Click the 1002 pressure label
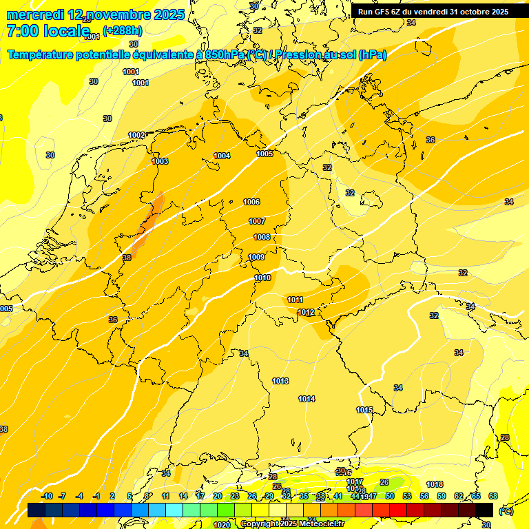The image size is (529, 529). pyautogui.click(x=136, y=135)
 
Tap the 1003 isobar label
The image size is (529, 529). pyautogui.click(x=160, y=161)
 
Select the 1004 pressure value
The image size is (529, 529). pyautogui.click(x=222, y=156)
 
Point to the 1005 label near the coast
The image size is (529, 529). pyautogui.click(x=264, y=154)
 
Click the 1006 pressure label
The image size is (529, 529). pyautogui.click(x=251, y=202)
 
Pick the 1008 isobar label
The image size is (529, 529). pyautogui.click(x=262, y=237)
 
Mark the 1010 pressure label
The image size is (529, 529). pyautogui.click(x=262, y=278)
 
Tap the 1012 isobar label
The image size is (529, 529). pyautogui.click(x=307, y=313)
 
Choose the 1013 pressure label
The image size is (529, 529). pyautogui.click(x=280, y=381)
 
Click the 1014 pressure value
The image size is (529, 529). pyautogui.click(x=307, y=399)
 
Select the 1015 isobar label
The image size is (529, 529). pyautogui.click(x=364, y=410)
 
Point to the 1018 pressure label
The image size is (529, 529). pyautogui.click(x=435, y=484)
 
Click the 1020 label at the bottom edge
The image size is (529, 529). pyautogui.click(x=222, y=525)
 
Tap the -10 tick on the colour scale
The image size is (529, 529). pyautogui.click(x=47, y=496)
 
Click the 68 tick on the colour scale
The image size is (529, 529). pyautogui.click(x=493, y=496)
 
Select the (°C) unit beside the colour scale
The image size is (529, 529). pyautogui.click(x=506, y=510)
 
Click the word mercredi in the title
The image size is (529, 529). pyautogui.click(x=34, y=14)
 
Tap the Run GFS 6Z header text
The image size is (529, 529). pyautogui.click(x=386, y=12)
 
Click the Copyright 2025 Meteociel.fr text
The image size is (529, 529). pyautogui.click(x=293, y=524)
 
